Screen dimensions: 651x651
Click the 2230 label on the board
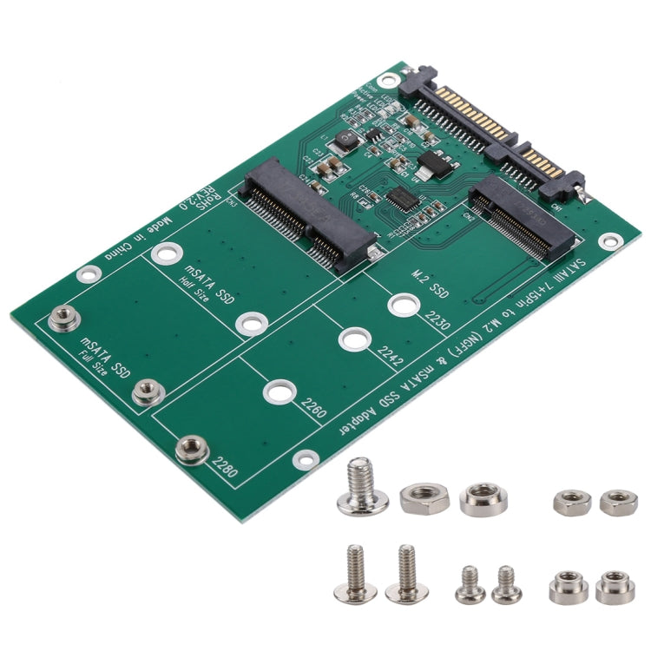point(437,325)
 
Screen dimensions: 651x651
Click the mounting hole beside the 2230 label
point(401,306)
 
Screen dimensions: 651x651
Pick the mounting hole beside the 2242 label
point(354,339)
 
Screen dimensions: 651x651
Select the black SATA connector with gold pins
point(491,128)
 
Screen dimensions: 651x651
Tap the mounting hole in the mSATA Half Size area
point(250,324)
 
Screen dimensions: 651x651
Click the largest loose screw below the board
point(362,489)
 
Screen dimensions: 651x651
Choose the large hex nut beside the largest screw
point(424,497)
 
